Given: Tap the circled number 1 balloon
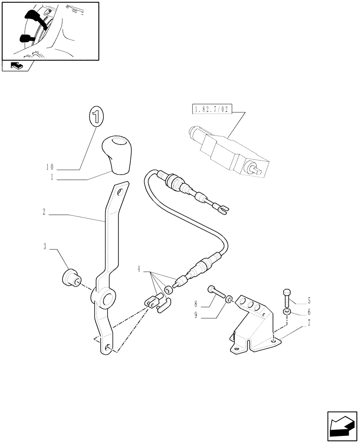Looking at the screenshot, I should coord(95,117).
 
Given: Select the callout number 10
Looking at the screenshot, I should coord(49,167).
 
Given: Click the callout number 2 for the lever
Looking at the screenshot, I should coord(44,212).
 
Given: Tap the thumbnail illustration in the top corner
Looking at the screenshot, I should coord(50,31).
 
